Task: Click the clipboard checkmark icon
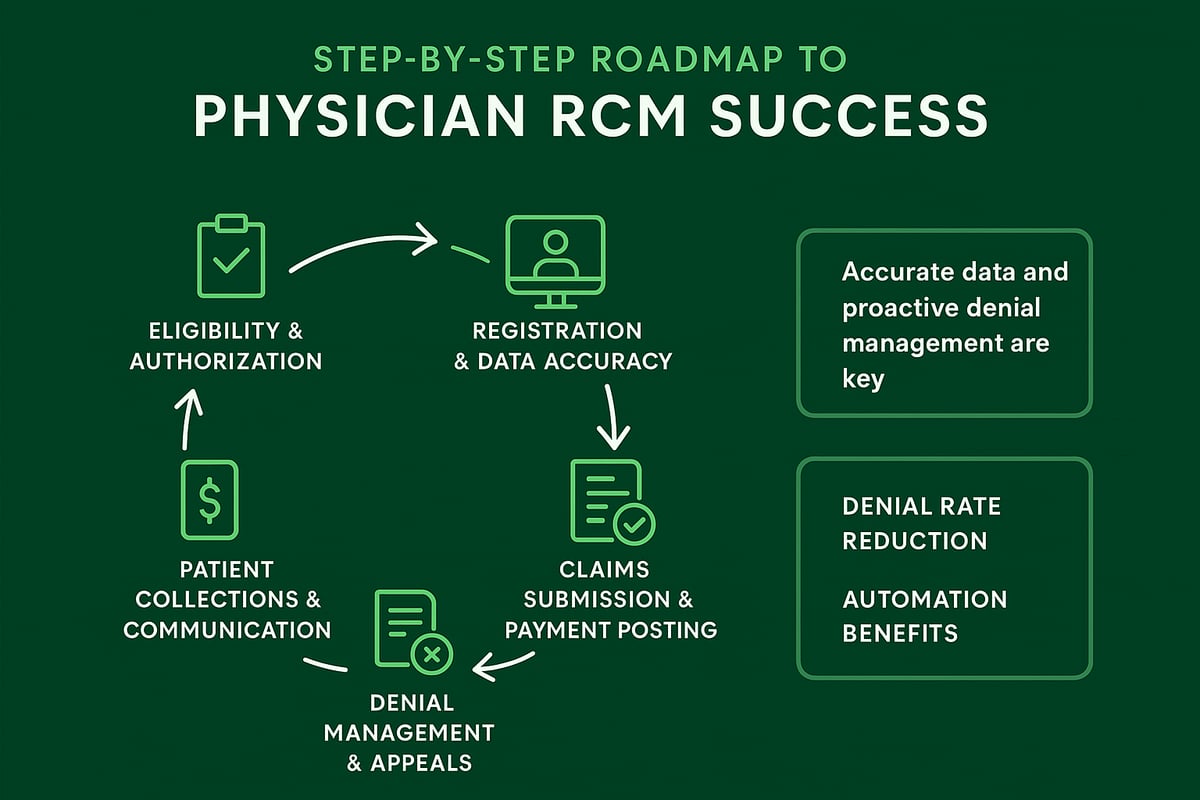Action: (231, 257)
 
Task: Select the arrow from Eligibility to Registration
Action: (362, 245)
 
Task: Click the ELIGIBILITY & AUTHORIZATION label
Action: (226, 346)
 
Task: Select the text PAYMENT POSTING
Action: (610, 630)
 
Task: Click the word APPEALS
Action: (423, 762)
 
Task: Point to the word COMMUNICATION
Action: (227, 630)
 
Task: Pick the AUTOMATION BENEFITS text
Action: (924, 616)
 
